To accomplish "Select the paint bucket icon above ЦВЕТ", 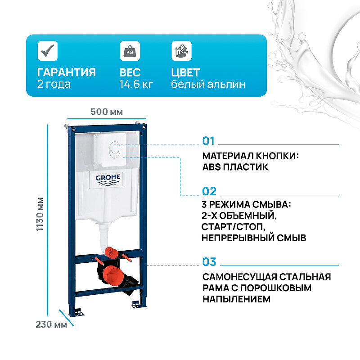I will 181,50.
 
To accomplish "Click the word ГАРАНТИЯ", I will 66,72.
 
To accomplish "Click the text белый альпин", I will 208,84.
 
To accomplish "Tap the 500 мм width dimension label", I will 107,112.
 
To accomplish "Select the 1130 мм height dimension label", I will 40,214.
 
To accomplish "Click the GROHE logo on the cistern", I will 108,180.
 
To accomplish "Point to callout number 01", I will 209,141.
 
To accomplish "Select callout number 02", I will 209,191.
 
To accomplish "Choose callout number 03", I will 209,261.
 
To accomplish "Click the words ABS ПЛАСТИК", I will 235,167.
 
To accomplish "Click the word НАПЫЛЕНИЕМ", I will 236,299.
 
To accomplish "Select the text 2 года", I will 54,84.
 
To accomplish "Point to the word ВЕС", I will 130,72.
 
